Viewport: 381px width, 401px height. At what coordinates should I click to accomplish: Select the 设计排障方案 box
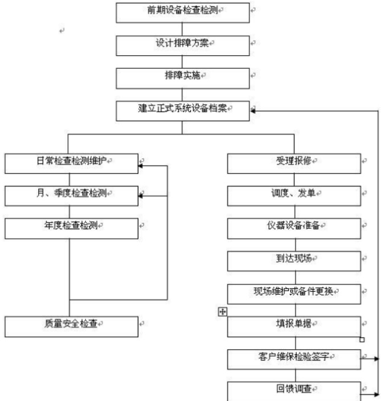pos(182,44)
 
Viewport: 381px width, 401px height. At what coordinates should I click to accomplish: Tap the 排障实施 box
pos(182,77)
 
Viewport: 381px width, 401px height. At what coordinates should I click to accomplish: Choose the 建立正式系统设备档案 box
pos(182,110)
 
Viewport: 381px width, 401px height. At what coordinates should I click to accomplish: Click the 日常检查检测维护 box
pos(71,163)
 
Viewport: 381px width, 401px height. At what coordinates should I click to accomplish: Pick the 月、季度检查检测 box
pos(71,195)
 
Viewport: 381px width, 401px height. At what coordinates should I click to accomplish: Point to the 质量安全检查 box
pos(71,326)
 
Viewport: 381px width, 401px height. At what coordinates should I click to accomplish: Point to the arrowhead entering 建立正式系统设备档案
pos(253,110)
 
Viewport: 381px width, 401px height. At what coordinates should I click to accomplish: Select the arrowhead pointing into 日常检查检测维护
pos(140,166)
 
